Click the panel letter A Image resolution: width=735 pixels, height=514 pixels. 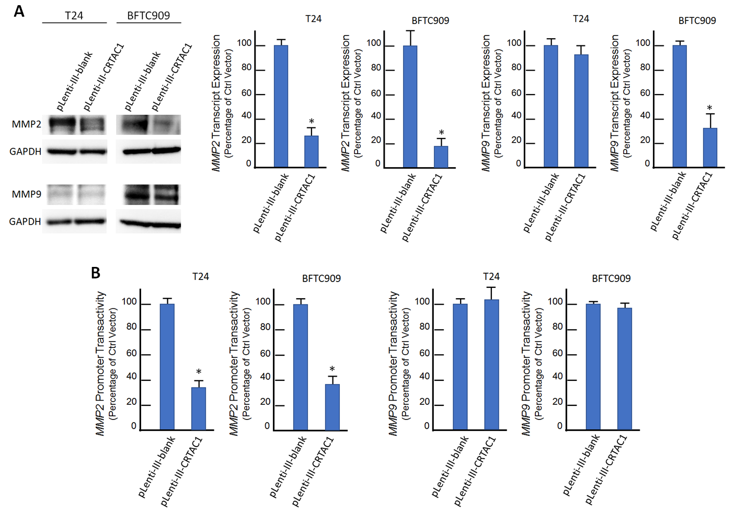[x=19, y=11]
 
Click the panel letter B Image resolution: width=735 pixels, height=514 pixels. [x=96, y=273]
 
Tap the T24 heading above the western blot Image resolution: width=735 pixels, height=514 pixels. [x=74, y=16]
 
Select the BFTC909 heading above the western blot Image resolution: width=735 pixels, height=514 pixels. [x=148, y=16]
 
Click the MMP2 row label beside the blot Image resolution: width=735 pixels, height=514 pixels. [x=27, y=124]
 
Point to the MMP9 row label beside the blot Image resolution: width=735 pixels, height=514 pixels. [x=27, y=194]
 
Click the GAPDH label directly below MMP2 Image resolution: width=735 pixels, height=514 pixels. [x=25, y=151]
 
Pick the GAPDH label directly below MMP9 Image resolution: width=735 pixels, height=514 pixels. [x=25, y=221]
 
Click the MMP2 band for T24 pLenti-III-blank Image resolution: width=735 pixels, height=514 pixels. [x=62, y=125]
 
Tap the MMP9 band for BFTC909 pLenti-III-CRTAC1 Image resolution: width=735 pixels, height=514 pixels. [x=166, y=195]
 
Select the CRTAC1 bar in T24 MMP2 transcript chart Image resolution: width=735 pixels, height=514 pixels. [x=312, y=151]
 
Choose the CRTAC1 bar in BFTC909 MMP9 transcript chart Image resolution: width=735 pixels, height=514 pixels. [x=710, y=147]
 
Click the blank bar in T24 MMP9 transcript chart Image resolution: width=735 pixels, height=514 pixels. [x=551, y=107]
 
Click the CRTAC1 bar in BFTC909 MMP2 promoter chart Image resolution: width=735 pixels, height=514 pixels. [x=332, y=407]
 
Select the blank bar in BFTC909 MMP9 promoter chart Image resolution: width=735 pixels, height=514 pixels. [x=593, y=367]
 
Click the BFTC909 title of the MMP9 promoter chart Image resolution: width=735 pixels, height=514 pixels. [x=611, y=279]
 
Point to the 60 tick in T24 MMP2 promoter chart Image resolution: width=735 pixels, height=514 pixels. [x=131, y=354]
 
